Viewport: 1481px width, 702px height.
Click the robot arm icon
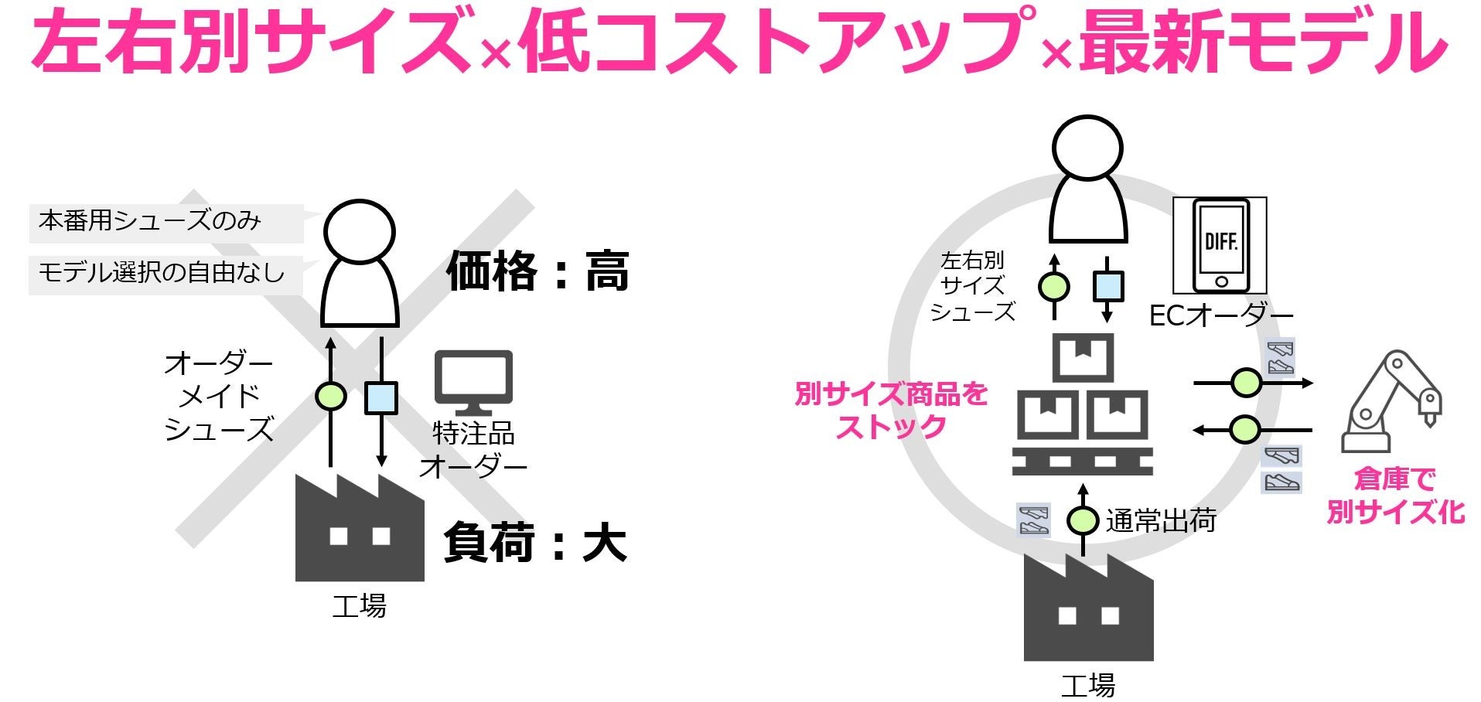tap(1391, 402)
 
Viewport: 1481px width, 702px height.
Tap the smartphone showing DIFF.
tap(1220, 245)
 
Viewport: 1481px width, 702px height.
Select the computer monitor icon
tap(473, 382)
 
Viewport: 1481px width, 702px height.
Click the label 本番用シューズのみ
tap(150, 222)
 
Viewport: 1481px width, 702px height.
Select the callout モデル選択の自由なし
tap(162, 273)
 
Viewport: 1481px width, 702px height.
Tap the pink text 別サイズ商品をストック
tap(892, 410)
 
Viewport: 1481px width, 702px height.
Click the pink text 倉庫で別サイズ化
tap(1395, 495)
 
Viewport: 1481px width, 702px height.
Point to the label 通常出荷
tap(1161, 521)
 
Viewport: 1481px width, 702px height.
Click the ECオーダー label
tap(1221, 315)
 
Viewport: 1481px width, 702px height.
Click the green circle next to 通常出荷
tap(1083, 520)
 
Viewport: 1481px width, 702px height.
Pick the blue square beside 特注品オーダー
tap(380, 397)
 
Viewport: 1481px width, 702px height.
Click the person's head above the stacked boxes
tap(1087, 148)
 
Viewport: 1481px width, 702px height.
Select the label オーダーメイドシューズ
tap(219, 396)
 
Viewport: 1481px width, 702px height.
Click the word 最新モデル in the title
tap(1262, 40)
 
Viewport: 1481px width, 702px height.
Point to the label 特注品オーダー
tap(473, 449)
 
